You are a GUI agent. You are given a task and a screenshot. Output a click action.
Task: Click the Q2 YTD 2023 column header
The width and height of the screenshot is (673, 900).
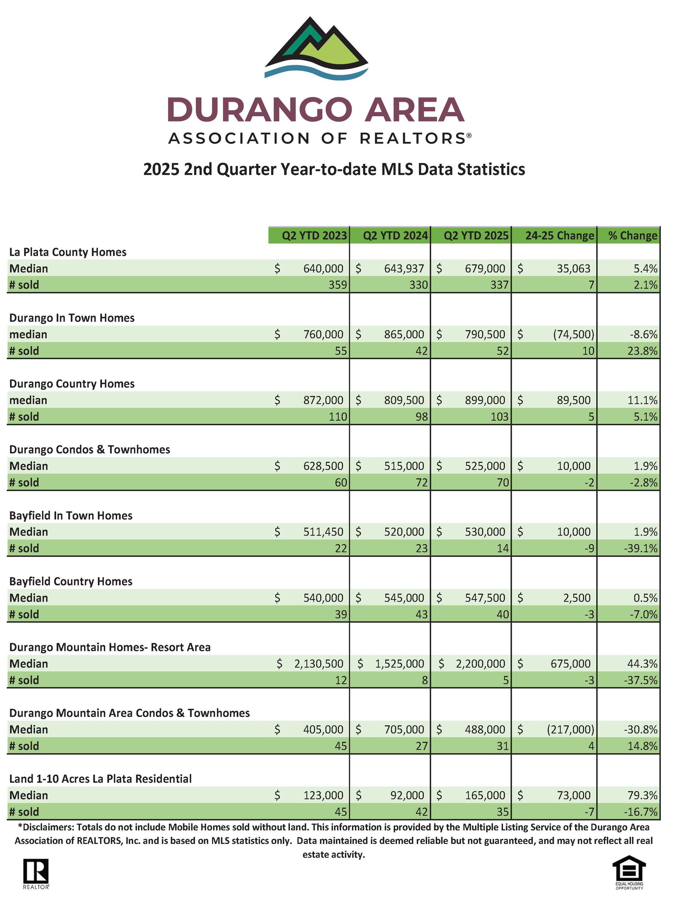[x=314, y=235]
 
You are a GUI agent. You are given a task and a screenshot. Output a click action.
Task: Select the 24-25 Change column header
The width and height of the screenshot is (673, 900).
[x=559, y=235]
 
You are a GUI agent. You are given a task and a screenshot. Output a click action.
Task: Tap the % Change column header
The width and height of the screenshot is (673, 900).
[x=633, y=235]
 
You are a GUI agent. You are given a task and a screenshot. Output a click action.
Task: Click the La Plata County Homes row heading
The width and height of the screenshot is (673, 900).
[x=68, y=252]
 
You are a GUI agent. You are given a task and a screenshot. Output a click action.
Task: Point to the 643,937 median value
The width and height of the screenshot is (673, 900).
[x=404, y=269]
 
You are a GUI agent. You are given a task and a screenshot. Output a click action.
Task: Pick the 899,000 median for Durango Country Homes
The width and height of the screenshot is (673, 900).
[x=485, y=400]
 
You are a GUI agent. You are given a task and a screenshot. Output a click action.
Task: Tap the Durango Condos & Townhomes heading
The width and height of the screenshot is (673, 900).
[x=90, y=449]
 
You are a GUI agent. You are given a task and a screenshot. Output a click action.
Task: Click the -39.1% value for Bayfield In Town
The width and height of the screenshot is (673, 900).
[x=641, y=548]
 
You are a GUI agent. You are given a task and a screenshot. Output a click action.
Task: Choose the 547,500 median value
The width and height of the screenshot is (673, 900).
[x=485, y=598]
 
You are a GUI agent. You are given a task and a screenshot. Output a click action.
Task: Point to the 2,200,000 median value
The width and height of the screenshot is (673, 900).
[x=481, y=664]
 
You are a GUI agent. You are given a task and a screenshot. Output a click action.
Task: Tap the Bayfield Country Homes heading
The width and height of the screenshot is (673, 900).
[x=71, y=581]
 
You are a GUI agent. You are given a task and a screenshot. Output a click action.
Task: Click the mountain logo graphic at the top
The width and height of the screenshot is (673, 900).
[x=317, y=47]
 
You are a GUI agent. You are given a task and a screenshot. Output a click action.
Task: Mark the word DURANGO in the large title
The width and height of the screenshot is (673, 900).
[x=260, y=109]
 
